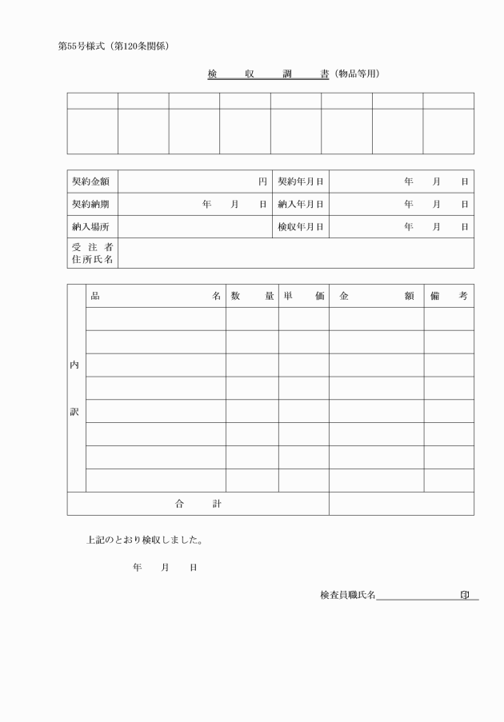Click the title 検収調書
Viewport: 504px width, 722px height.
[x=268, y=74]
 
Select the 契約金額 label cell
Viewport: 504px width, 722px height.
[x=92, y=181]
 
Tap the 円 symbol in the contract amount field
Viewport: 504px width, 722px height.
[x=262, y=181]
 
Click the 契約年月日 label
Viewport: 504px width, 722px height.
[x=301, y=181]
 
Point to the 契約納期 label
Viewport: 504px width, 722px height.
[x=92, y=204]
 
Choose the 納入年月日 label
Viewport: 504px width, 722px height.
[x=301, y=204]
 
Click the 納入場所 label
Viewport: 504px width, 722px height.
[x=92, y=226]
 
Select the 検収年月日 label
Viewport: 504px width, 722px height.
[x=301, y=226]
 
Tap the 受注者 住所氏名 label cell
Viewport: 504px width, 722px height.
[x=92, y=253]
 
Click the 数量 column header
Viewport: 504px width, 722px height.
[x=252, y=296]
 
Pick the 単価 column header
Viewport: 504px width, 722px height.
[x=303, y=296]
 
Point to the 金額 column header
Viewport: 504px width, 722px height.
[x=376, y=296]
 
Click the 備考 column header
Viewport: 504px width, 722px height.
[x=448, y=296]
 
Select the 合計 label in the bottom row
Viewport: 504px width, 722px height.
[x=198, y=504]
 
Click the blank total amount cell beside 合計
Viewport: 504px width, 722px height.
[x=401, y=504]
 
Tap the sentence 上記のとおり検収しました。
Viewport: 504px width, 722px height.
[x=144, y=540]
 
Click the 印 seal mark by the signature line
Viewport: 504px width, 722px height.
[x=465, y=594]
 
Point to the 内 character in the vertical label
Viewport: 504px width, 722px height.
[x=75, y=365]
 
